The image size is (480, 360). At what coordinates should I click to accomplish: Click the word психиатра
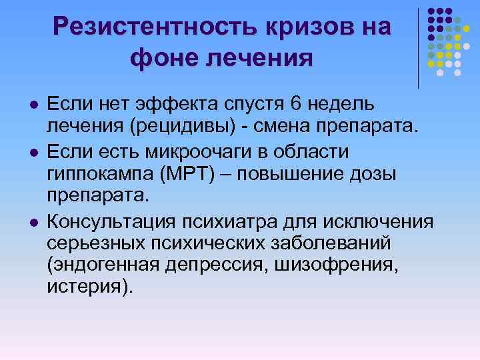[236, 221]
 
